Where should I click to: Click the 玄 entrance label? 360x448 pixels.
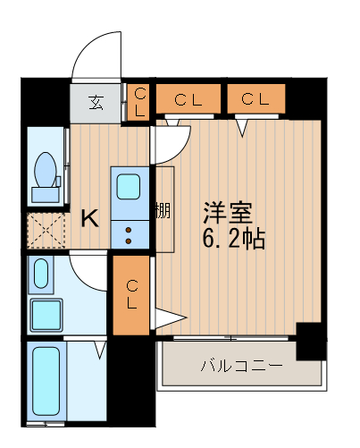pyautogui.click(x=96, y=101)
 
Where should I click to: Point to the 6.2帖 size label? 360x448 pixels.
pyautogui.click(x=234, y=239)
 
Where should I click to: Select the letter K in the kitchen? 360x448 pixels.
pyautogui.click(x=90, y=217)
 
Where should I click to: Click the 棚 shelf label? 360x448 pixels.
pyautogui.click(x=162, y=211)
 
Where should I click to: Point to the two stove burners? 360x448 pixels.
pyautogui.click(x=129, y=234)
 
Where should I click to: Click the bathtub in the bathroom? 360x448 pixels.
pyautogui.click(x=45, y=383)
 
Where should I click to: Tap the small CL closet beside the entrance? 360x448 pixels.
pyautogui.click(x=140, y=101)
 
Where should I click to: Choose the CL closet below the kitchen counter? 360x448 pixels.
pyautogui.click(x=131, y=295)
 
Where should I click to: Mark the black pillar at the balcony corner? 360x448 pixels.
pyautogui.click(x=310, y=341)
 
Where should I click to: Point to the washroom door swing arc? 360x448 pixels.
pyautogui.click(x=88, y=270)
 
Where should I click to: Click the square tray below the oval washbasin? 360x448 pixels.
pyautogui.click(x=44, y=315)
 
